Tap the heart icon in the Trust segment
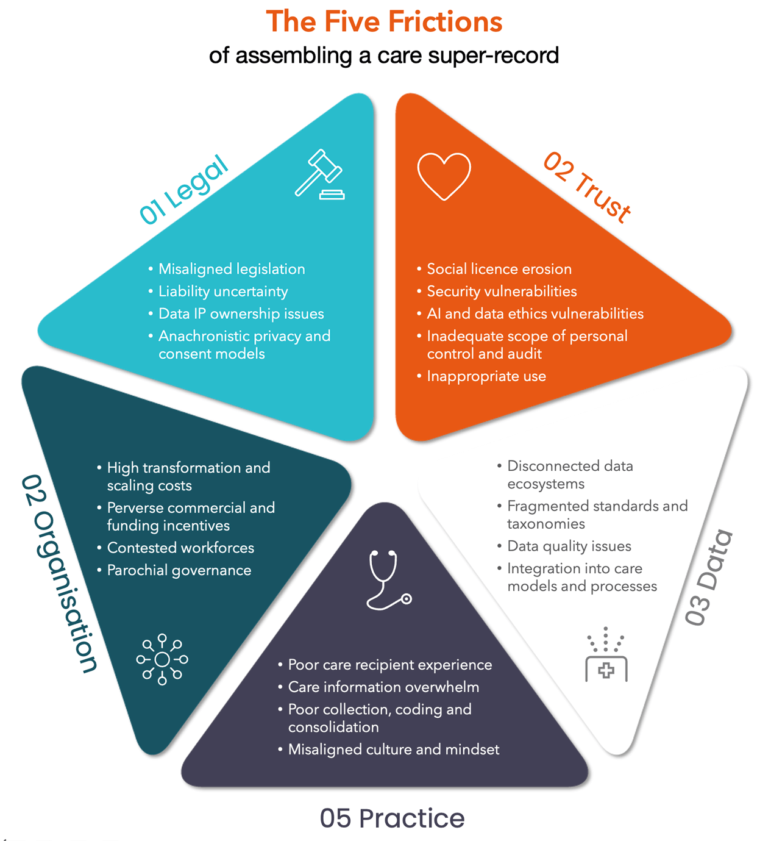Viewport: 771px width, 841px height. tap(444, 176)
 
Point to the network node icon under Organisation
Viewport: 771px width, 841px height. tap(162, 659)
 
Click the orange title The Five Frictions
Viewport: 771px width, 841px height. tap(384, 21)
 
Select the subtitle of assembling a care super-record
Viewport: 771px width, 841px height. tap(384, 55)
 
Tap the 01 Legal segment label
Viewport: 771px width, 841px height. tap(184, 190)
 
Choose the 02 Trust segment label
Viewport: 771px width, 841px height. tap(587, 187)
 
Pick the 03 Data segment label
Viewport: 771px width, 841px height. tap(708, 578)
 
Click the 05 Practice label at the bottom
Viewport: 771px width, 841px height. tap(392, 818)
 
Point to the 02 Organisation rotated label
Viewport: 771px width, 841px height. tap(59, 573)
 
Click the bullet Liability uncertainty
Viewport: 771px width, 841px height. tap(223, 292)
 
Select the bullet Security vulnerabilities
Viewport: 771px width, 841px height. tap(502, 292)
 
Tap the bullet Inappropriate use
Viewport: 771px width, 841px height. tap(486, 376)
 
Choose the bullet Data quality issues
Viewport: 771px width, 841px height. tap(569, 546)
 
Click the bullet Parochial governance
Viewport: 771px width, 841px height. tap(179, 570)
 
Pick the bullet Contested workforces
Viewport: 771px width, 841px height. tap(180, 548)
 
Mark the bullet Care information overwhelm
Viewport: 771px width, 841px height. tap(383, 687)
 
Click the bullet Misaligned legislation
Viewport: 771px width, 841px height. tap(232, 269)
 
